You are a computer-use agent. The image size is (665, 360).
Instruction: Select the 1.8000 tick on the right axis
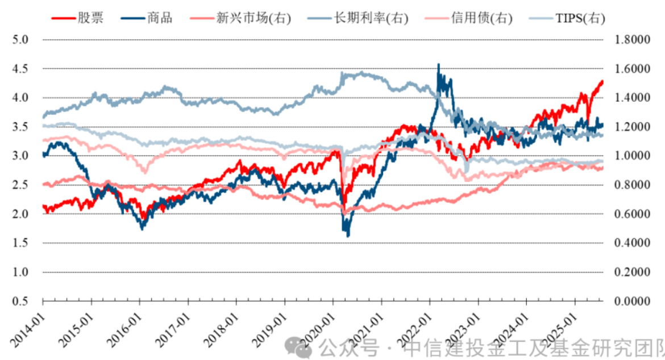[631, 40]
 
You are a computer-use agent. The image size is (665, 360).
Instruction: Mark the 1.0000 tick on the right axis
[631, 156]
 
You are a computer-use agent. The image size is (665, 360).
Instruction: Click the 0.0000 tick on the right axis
[631, 301]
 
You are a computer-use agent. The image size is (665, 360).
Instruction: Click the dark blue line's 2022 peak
[438, 65]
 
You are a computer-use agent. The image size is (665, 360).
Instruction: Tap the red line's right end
[602, 81]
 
